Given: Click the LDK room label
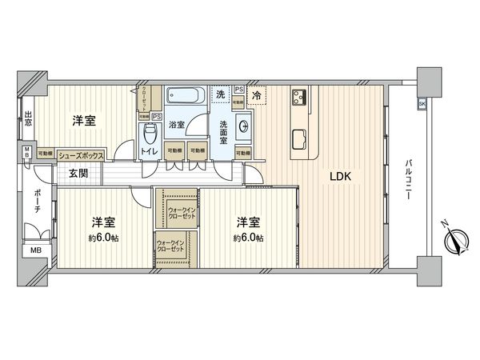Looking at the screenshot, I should point(337,176).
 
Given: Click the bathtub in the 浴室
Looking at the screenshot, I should point(186,97).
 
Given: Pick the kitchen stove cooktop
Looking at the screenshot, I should point(299,98).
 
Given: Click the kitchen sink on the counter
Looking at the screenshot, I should point(300,138).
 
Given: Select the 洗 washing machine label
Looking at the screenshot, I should point(220,95).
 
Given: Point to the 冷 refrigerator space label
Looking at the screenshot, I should point(258,95).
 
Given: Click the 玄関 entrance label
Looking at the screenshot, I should point(78,174).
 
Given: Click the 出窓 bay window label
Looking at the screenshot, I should point(28,119).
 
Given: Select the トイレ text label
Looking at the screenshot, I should point(148,151).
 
